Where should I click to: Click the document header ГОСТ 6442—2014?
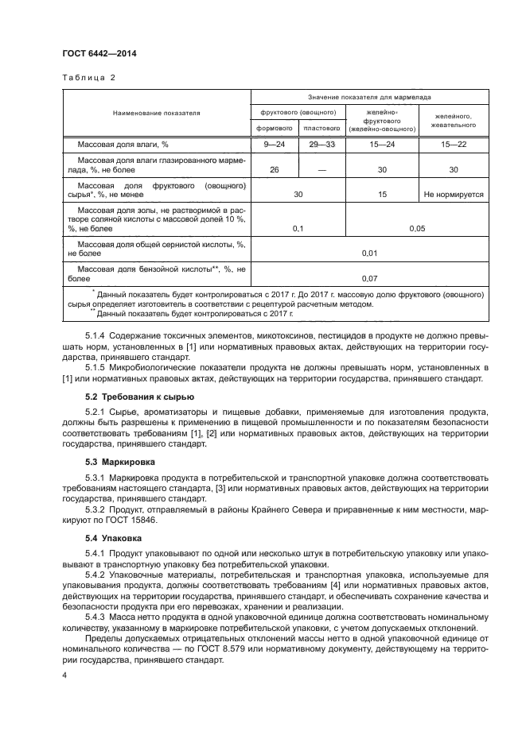[x=94, y=54]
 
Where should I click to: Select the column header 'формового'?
[x=273, y=127]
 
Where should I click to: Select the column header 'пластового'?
[x=320, y=127]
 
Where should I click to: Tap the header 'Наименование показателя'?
[x=156, y=113]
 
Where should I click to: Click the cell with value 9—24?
[x=273, y=144]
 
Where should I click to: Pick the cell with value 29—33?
[x=320, y=144]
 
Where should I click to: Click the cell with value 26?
[x=274, y=169]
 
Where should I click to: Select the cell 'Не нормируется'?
[x=453, y=194]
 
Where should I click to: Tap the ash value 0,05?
[x=416, y=228]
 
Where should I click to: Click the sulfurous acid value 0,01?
[x=368, y=253]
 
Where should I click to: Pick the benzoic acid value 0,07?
[x=368, y=278]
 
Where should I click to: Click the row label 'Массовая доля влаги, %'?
[x=123, y=144]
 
